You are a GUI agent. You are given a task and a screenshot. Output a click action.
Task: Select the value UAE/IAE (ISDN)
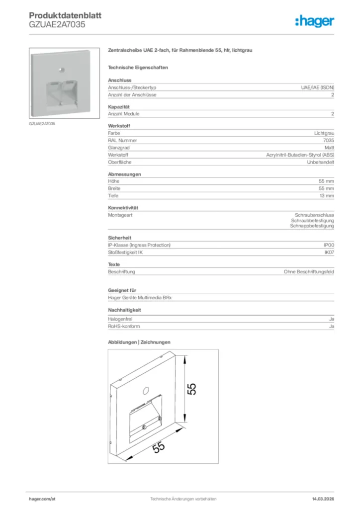(317, 87)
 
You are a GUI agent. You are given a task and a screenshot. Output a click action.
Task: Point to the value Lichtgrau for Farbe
(324, 133)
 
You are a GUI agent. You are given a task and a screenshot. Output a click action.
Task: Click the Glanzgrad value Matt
(329, 148)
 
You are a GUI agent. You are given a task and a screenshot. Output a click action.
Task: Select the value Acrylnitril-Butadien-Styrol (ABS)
(300, 155)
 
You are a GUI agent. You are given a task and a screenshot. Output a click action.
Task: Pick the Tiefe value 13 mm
(326, 196)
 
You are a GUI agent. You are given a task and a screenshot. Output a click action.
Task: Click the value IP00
(329, 245)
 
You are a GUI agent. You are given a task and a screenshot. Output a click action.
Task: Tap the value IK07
(329, 253)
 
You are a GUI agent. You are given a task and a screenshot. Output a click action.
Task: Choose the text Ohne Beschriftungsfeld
(309, 272)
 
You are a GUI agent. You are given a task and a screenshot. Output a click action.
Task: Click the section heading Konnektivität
(123, 207)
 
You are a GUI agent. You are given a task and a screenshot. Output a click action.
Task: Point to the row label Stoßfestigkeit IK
(126, 253)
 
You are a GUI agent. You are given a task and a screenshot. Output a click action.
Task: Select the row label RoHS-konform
(124, 326)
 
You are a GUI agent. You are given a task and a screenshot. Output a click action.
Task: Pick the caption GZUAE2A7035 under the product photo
(42, 123)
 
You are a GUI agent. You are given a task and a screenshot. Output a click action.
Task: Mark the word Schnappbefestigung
(312, 226)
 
